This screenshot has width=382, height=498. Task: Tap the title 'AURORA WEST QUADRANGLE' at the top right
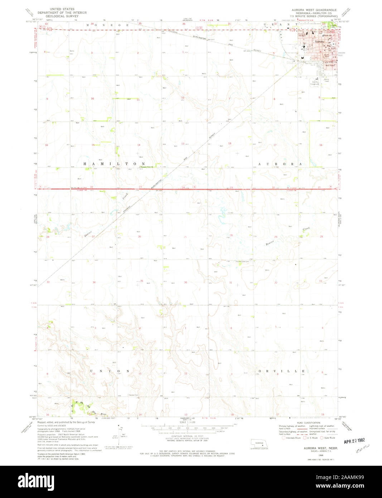point(313,10)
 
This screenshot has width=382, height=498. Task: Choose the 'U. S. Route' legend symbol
point(305,438)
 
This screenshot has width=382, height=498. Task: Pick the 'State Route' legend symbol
point(321,438)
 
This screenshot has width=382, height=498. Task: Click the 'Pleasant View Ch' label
point(147,167)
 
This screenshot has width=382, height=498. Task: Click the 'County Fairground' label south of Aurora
point(315,83)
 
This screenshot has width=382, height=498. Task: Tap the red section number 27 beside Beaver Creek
point(93,237)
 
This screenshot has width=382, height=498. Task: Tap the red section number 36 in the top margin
point(184,24)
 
